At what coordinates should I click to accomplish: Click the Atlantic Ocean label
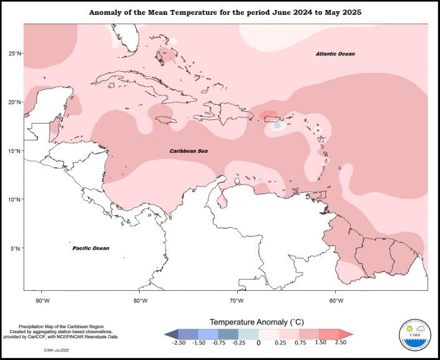(x=335, y=54)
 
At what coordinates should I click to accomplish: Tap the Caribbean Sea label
(x=189, y=151)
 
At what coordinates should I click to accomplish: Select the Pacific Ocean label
(x=90, y=248)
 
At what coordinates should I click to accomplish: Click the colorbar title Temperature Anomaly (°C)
(x=257, y=322)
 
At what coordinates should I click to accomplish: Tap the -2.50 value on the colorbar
(x=178, y=343)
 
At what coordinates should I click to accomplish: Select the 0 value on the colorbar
(x=258, y=343)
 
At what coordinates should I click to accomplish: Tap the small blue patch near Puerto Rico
(x=277, y=125)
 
